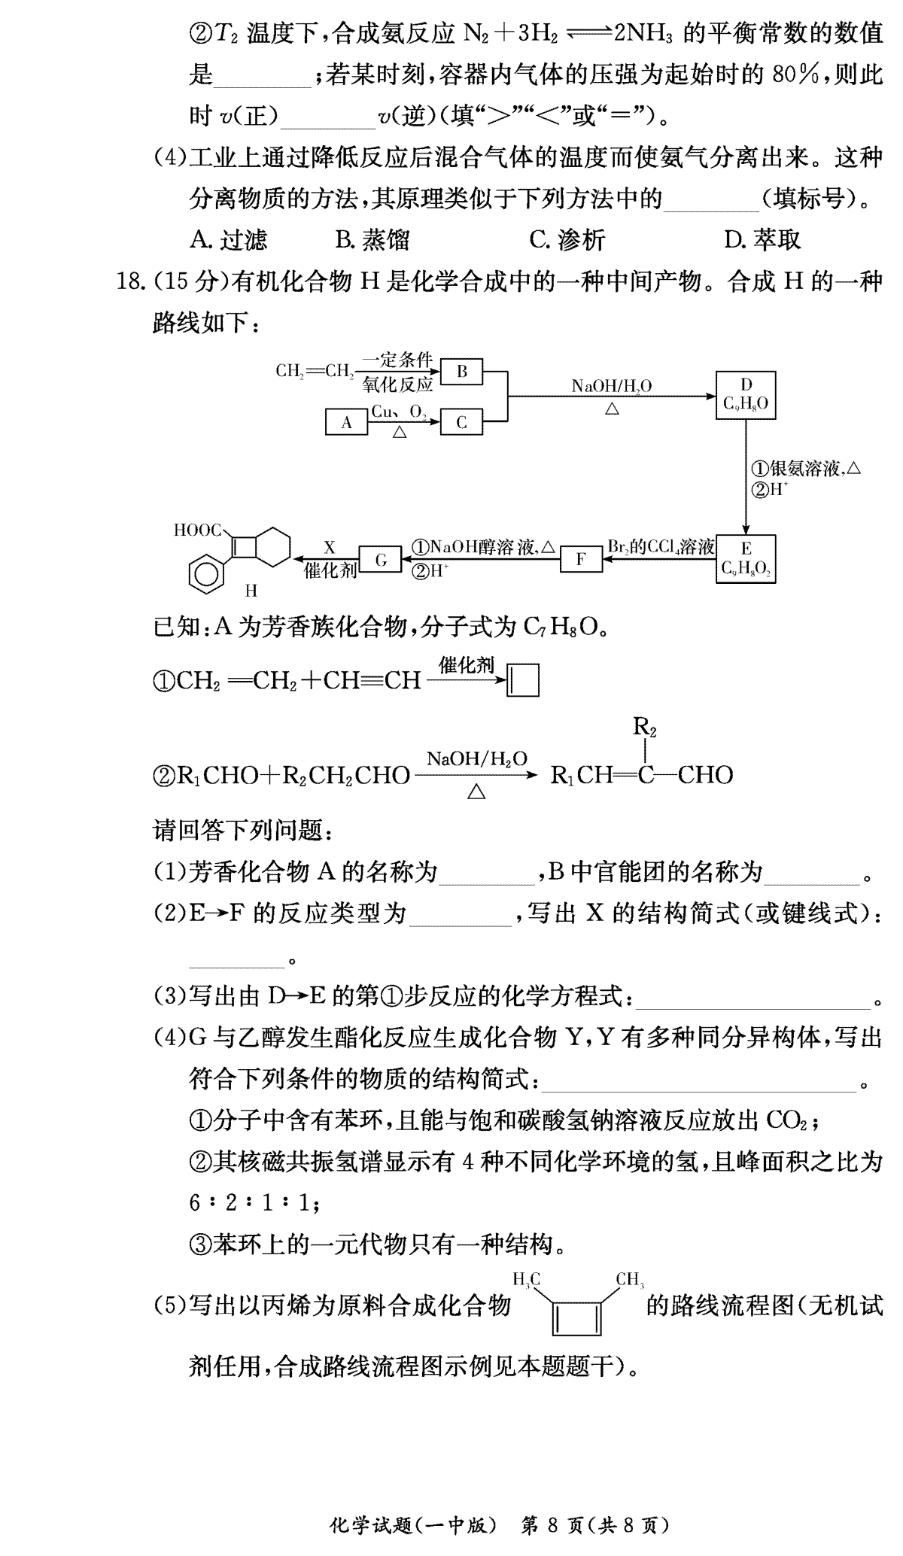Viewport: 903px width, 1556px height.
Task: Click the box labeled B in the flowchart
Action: [462, 371]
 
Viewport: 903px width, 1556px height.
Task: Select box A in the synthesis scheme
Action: [346, 422]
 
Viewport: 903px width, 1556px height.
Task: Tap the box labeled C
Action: [462, 422]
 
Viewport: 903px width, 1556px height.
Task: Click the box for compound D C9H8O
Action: [746, 394]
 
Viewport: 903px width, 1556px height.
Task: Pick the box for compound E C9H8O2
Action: [746, 558]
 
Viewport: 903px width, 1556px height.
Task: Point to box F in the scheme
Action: [581, 559]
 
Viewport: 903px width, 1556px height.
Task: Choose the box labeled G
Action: [381, 559]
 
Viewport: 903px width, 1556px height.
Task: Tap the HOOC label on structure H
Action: [198, 530]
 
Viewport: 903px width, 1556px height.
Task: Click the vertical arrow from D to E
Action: [746, 476]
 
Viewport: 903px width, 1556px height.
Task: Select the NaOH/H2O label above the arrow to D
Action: [611, 386]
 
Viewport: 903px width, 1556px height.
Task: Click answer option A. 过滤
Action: [229, 240]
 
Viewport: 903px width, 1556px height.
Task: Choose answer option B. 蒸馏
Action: [372, 240]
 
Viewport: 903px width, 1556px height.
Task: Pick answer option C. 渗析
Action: [567, 240]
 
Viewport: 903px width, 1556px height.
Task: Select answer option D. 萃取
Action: [762, 240]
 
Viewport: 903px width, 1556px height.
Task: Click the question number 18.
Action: [128, 282]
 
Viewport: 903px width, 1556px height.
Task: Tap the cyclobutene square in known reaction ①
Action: [524, 680]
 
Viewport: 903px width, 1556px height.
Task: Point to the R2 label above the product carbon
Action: [645, 727]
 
